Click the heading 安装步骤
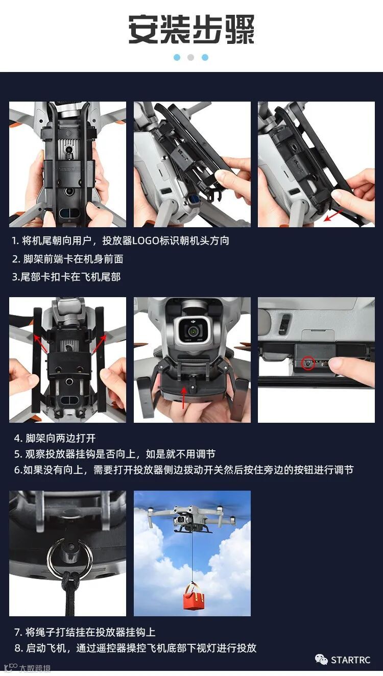point(192,29)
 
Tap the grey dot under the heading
point(191,57)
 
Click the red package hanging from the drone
point(194,594)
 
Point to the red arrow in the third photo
point(333,215)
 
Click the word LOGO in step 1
point(146,240)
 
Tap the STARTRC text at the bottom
point(350,660)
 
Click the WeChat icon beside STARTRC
point(321,660)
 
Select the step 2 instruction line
point(67,259)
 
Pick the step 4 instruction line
point(55,438)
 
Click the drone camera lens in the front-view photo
point(192,331)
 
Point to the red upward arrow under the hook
point(183,398)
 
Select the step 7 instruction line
point(85,632)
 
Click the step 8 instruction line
point(135,648)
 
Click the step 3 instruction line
point(66,277)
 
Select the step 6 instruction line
point(184,470)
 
